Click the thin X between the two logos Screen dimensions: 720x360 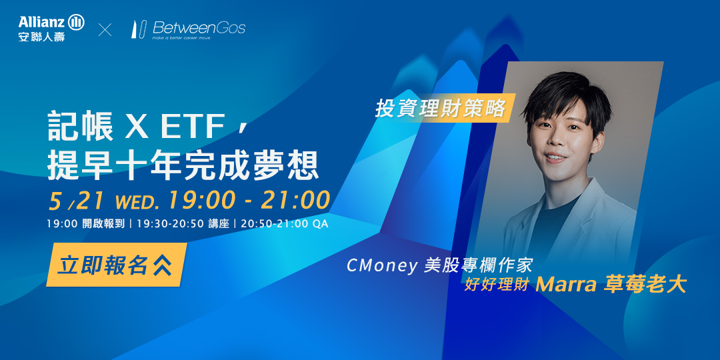coord(105,30)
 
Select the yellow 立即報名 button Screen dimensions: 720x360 coord(116,265)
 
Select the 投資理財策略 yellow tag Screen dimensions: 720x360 coord(441,109)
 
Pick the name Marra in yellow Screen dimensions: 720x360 coord(566,285)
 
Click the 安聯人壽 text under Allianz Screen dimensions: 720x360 coord(42,36)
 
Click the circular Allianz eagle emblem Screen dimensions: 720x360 coord(76,22)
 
